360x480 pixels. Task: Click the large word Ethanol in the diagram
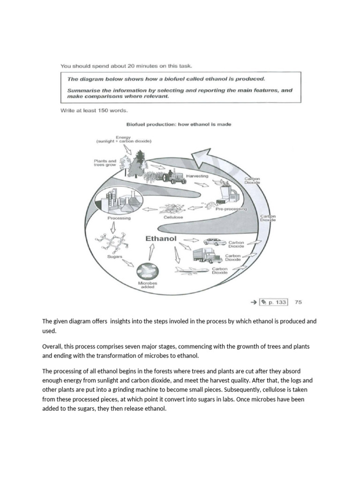[161, 239]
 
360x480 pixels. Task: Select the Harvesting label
[197, 176]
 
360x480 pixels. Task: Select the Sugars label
[115, 257]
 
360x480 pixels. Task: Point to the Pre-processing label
[231, 209]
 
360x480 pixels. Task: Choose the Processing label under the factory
[119, 218]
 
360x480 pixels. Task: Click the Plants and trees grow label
[105, 163]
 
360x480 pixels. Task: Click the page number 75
[298, 302]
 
